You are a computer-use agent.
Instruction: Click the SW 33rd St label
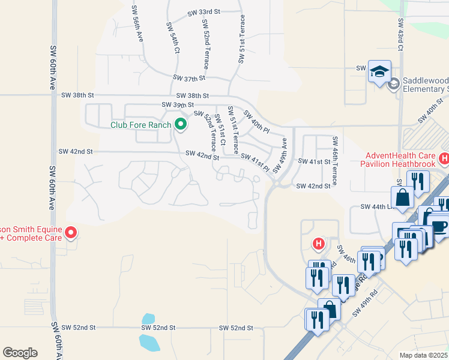tap(204, 12)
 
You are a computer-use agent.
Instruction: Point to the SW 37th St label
tap(189, 78)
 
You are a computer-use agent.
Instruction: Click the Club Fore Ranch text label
tap(141, 125)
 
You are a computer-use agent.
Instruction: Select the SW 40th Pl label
tap(256, 122)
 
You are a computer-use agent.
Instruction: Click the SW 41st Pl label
tap(255, 162)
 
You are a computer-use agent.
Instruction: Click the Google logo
tap(20, 353)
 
